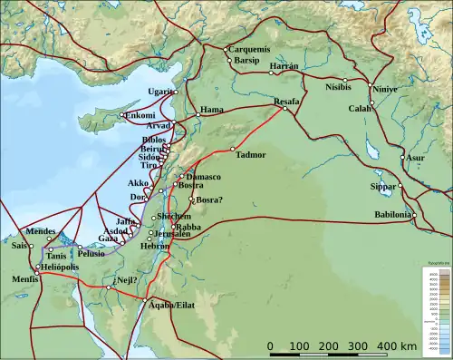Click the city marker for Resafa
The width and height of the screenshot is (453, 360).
coord(285,110)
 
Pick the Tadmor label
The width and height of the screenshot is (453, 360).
coord(251,154)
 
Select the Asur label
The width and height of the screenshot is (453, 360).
coord(415,157)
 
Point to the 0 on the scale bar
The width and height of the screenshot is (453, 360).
coord(270,345)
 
